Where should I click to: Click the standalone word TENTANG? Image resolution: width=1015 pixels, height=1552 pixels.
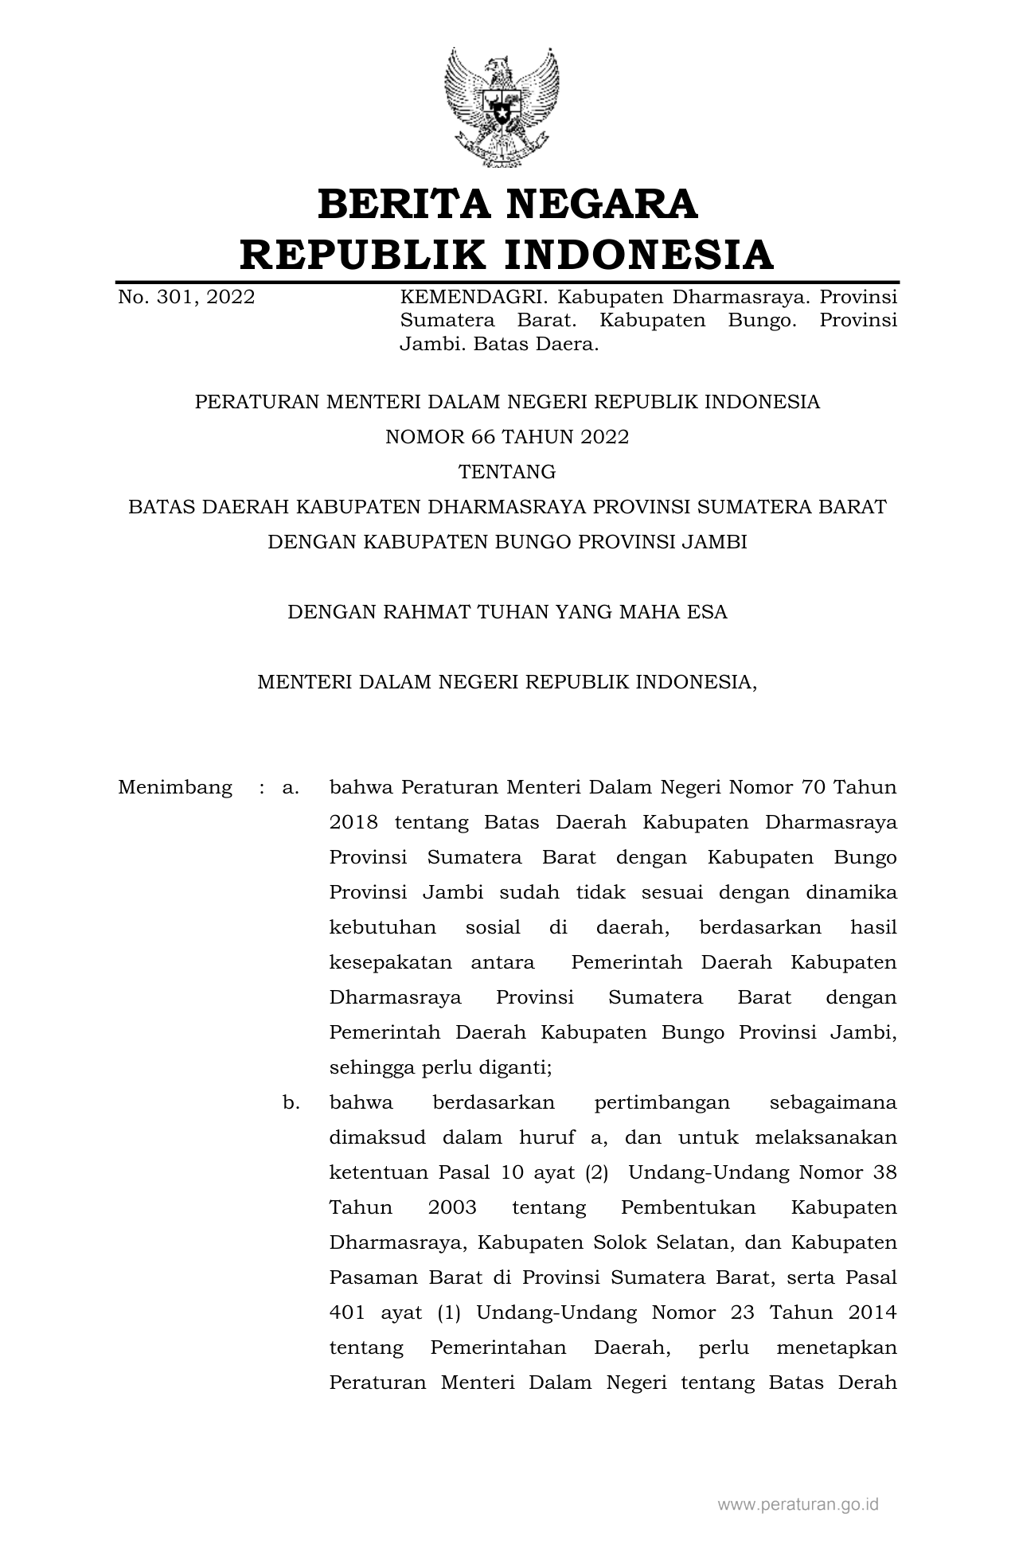coord(507,472)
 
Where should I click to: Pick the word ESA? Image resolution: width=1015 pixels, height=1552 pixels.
coord(708,612)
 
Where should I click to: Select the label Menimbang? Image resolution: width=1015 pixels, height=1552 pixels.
coord(175,788)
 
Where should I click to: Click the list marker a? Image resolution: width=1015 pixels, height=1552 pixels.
coord(290,788)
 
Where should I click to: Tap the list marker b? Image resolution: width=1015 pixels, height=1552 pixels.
coord(291,1103)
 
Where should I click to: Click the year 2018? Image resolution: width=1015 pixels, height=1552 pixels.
coord(353,823)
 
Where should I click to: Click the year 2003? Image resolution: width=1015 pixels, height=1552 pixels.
coord(452,1208)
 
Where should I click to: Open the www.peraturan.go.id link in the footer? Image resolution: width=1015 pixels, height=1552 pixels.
coord(798,1504)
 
